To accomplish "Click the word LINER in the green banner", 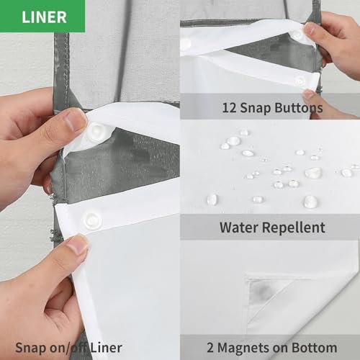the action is tap(44, 17).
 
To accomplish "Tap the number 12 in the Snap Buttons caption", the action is tap(229, 108).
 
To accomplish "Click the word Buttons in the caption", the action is tap(299, 108).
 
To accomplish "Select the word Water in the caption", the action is tap(239, 228).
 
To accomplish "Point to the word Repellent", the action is tap(294, 228).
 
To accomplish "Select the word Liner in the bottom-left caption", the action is tap(107, 348).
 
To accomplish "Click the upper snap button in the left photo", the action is tap(96, 132).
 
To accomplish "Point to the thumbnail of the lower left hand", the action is tap(77, 245).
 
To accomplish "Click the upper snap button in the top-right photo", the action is tap(297, 35).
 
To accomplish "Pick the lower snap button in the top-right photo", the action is tap(300, 81).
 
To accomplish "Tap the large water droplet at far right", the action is tap(347, 173).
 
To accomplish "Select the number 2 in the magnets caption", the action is tap(210, 348).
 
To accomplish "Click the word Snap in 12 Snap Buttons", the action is tap(256, 109).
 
